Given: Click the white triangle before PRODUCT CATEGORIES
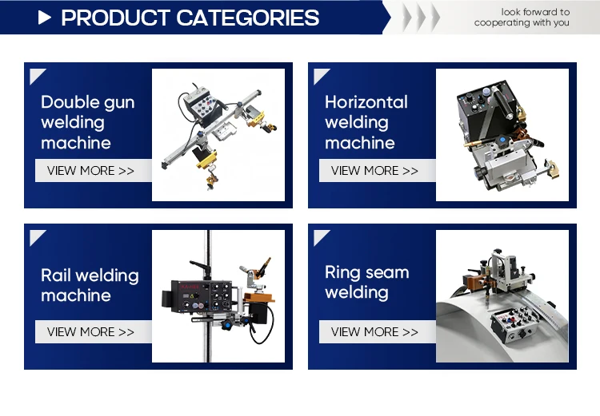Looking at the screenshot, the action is (x=44, y=18).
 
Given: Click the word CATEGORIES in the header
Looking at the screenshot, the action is (x=247, y=18).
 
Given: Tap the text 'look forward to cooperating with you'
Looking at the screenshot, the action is (x=522, y=18).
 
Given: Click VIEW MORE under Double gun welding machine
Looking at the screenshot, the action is (x=90, y=170).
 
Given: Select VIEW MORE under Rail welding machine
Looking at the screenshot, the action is (x=90, y=331).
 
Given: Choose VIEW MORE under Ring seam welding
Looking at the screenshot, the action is (x=374, y=331).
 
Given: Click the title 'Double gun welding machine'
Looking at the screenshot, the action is (x=88, y=122).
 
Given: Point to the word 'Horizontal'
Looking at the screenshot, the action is (x=366, y=102).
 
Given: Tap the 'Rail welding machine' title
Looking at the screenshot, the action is (x=90, y=285).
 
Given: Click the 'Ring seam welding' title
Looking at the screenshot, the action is (x=367, y=282).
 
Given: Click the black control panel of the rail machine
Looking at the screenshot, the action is (x=202, y=296).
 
